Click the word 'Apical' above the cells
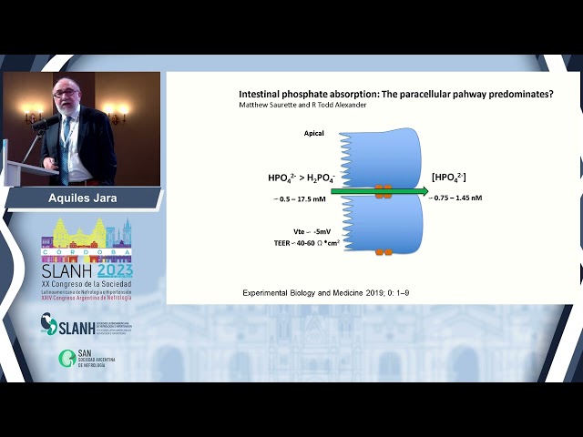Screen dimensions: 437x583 tap(314, 134)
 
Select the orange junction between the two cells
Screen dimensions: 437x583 tap(383, 191)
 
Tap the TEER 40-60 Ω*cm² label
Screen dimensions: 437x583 tap(306, 243)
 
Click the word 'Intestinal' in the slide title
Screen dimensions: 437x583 tap(261, 94)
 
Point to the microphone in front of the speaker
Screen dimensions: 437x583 tap(41, 122)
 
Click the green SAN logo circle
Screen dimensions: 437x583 tap(66, 358)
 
